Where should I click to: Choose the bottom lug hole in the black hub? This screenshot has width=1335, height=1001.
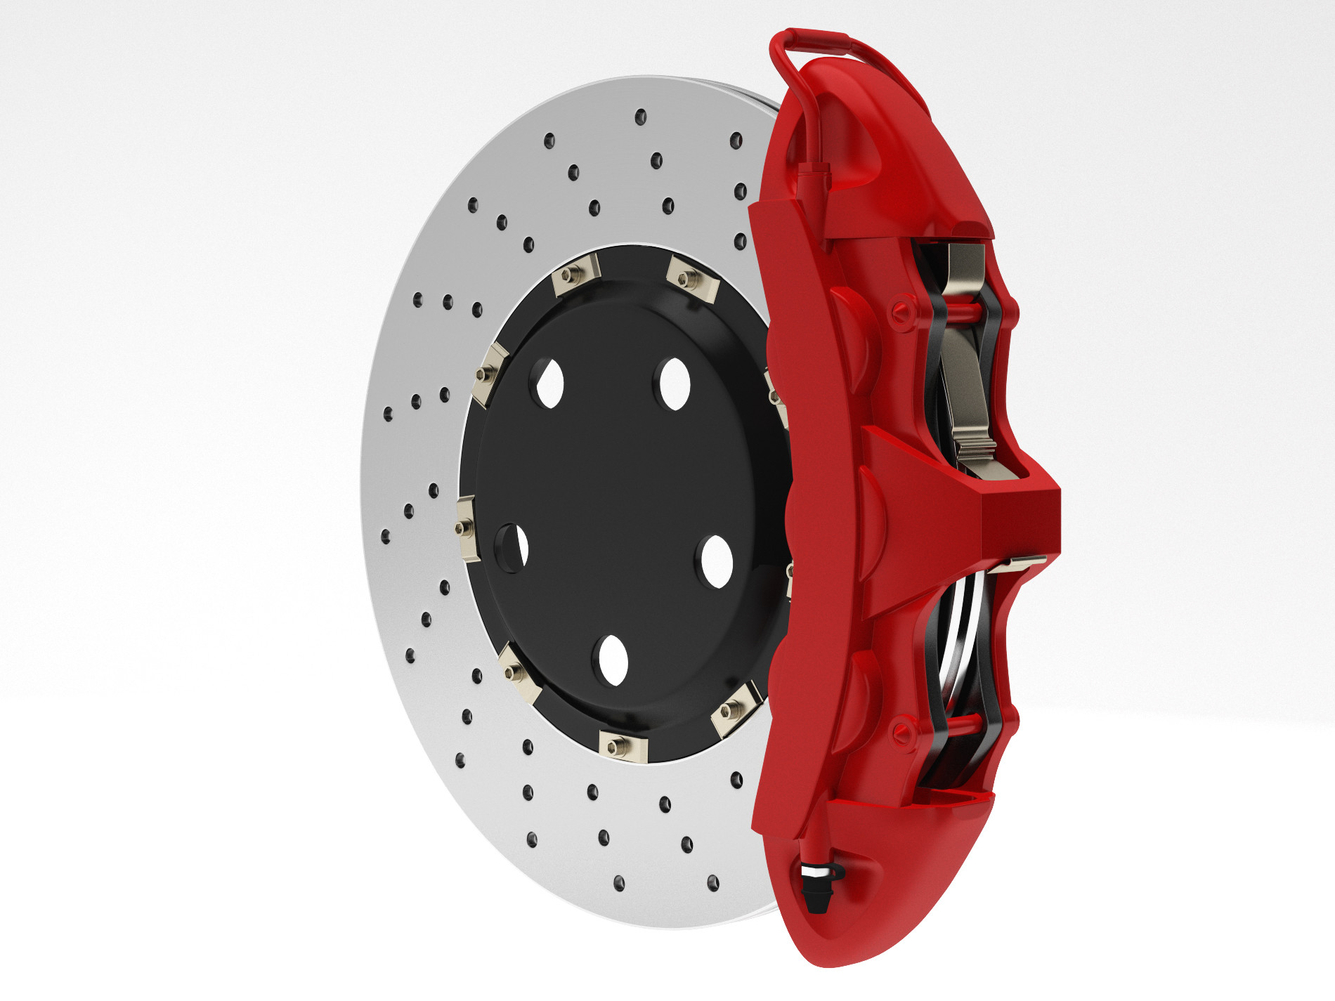click(x=612, y=660)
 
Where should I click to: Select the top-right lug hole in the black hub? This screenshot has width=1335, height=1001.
click(x=675, y=384)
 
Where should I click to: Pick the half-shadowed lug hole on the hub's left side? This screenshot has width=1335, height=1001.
click(x=516, y=547)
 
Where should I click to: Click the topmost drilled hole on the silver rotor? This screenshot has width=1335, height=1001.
click(x=640, y=117)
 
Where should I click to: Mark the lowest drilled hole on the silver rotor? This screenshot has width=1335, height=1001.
click(x=619, y=883)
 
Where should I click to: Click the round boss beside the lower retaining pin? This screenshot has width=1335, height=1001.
click(x=904, y=731)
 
